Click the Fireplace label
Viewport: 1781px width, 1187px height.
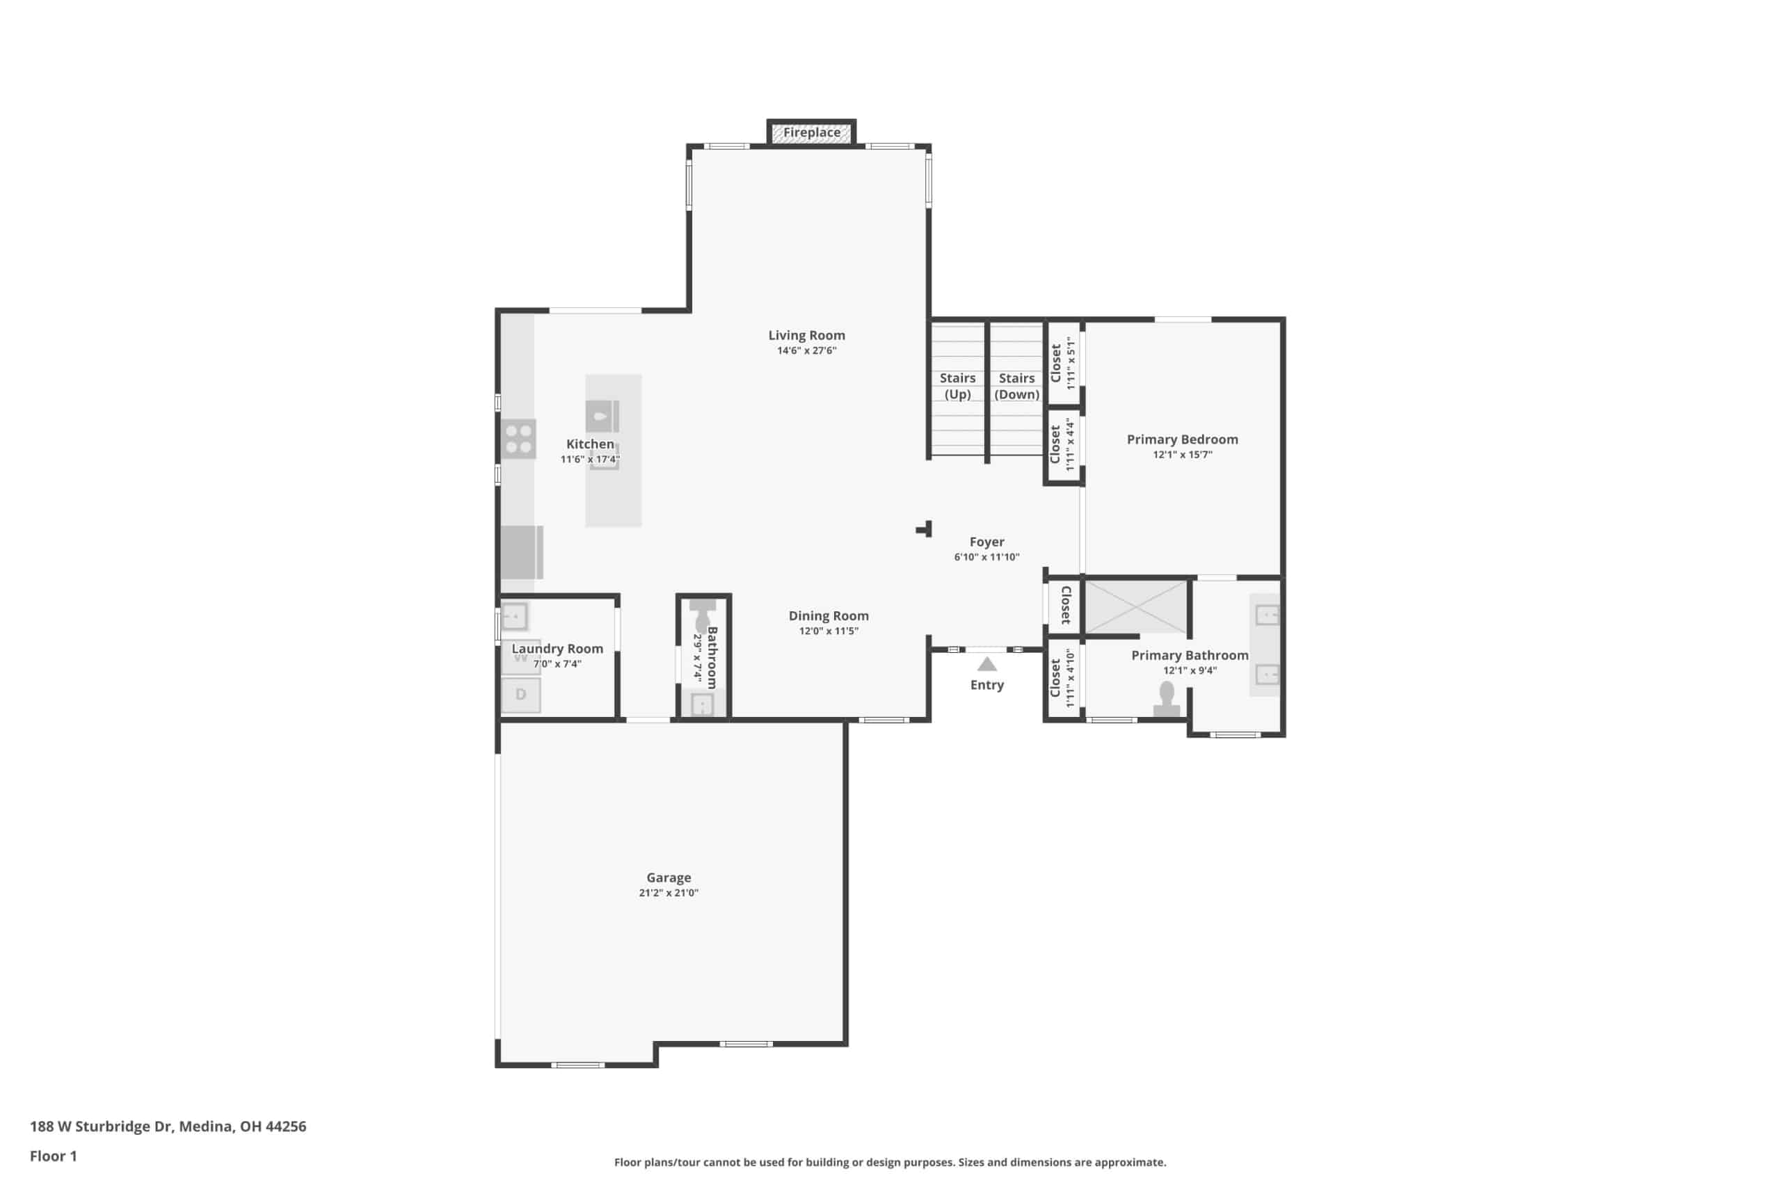[811, 133]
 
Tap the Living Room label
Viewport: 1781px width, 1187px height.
[806, 335]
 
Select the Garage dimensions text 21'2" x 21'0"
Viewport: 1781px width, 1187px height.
[669, 894]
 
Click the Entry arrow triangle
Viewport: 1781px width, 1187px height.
[987, 664]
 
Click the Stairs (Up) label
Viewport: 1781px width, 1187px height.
[958, 386]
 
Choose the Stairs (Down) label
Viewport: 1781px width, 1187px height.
[1017, 386]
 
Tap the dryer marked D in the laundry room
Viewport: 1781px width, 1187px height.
[521, 695]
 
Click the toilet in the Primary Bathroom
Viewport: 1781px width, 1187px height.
[1167, 699]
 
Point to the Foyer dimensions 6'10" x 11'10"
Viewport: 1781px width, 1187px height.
[987, 557]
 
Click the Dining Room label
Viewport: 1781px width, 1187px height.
[829, 616]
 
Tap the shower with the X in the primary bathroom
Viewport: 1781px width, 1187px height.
[1137, 607]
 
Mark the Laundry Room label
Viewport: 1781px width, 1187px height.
[557, 649]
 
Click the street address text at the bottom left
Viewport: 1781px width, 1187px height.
[168, 1126]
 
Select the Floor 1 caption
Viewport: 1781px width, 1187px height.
[53, 1156]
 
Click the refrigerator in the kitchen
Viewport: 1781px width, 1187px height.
[522, 553]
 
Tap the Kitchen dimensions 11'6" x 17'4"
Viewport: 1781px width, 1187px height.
[590, 460]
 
